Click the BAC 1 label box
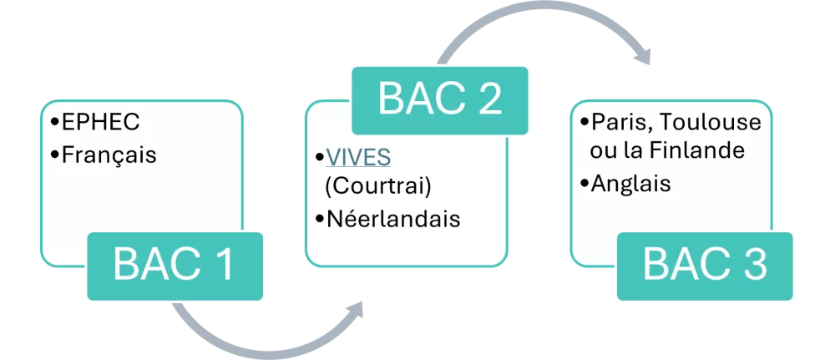click(175, 266)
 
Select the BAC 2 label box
click(440, 101)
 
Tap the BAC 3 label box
click(705, 266)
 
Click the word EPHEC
click(101, 123)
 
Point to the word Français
click(109, 155)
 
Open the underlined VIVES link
click(358, 157)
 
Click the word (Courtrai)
click(377, 188)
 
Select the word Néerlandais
click(393, 220)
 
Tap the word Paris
click(617, 123)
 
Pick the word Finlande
click(696, 150)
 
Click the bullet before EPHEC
click(55, 123)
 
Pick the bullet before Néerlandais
click(319, 220)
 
